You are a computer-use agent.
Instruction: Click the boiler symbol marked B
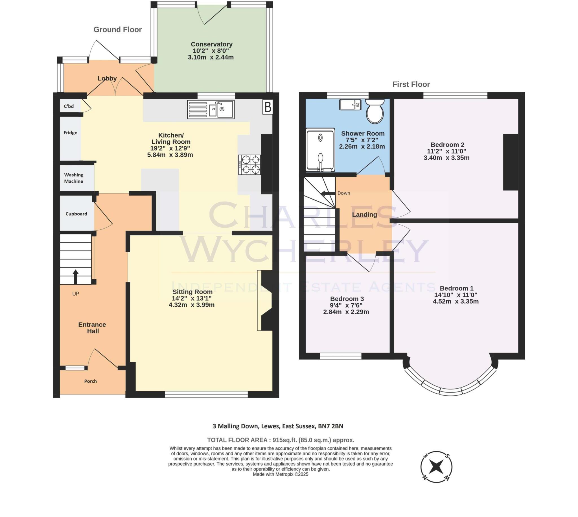tap(268, 107)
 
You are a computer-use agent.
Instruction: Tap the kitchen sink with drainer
tap(211, 109)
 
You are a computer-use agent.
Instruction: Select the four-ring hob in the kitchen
tap(249, 165)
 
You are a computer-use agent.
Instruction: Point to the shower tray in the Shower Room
tap(320, 150)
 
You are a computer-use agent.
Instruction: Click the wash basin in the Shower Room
tap(350, 104)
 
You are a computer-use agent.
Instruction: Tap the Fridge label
tap(71, 133)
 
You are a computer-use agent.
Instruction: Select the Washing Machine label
tap(74, 178)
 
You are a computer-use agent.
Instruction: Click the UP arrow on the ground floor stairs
tap(76, 277)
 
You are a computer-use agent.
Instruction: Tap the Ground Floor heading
tap(118, 30)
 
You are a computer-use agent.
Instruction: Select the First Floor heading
tap(411, 84)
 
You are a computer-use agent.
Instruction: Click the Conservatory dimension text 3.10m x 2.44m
tap(211, 57)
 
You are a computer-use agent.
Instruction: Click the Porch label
tap(90, 381)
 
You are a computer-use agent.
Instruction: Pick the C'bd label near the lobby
tap(69, 106)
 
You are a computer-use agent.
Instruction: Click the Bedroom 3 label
tap(347, 299)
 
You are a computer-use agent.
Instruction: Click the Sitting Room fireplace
tap(266, 300)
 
